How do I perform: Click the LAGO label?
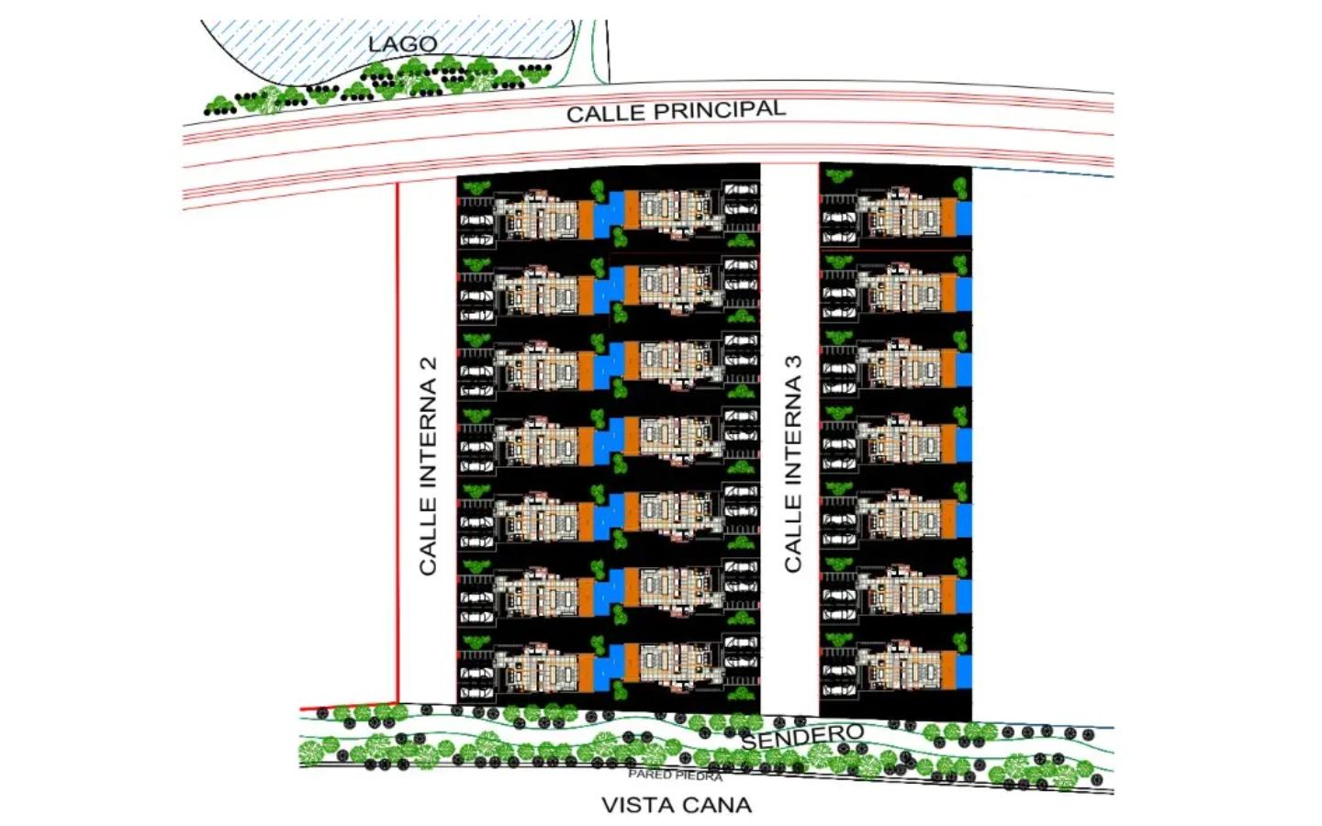click(x=402, y=44)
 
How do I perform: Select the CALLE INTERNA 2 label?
click(x=427, y=465)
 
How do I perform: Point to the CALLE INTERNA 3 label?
click(x=792, y=463)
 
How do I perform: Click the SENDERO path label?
click(x=802, y=736)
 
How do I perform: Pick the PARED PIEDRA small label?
click(x=675, y=775)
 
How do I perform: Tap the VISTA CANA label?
click(x=677, y=805)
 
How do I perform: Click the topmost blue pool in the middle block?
click(x=609, y=214)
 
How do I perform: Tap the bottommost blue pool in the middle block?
click(x=609, y=666)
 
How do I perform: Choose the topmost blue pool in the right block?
click(x=964, y=218)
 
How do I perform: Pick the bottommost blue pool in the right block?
click(x=964, y=672)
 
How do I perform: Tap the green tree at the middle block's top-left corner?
click(x=476, y=187)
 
